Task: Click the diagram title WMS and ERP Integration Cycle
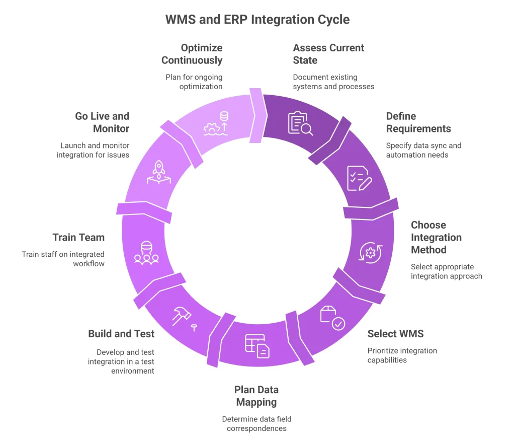257,20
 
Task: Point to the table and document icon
257,346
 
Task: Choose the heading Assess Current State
328,54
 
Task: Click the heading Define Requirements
418,122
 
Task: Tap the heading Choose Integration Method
436,237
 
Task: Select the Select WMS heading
395,333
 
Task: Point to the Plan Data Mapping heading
256,396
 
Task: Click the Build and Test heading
121,333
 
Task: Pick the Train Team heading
78,237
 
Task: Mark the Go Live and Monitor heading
102,122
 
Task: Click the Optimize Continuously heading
192,54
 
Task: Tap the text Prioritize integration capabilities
402,355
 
